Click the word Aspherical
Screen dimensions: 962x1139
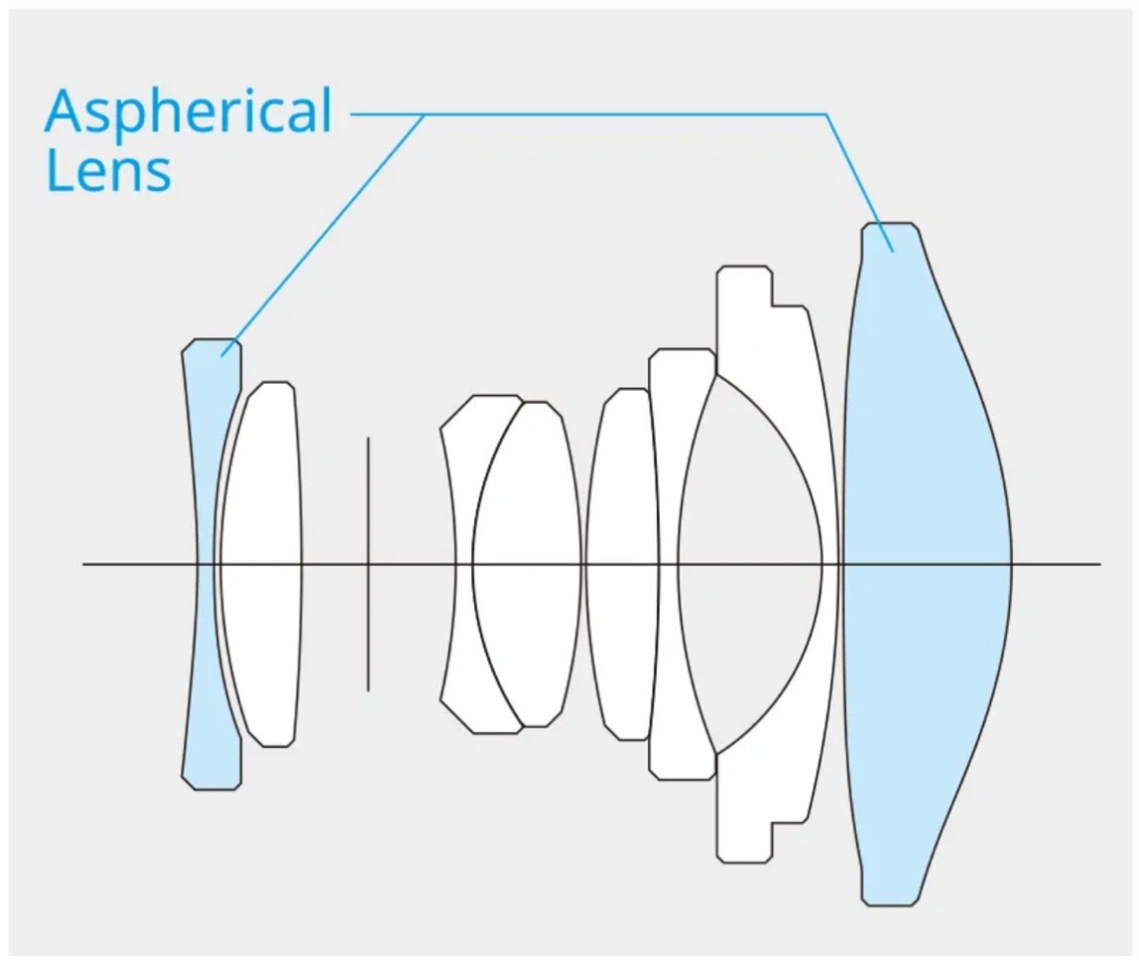(x=189, y=111)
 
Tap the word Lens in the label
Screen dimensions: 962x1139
(x=108, y=171)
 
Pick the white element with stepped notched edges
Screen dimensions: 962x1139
(x=784, y=327)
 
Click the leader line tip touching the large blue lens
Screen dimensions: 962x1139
(x=893, y=250)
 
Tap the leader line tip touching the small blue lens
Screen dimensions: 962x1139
(x=224, y=354)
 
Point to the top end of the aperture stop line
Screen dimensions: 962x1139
(x=368, y=437)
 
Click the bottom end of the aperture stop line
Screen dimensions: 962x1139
(x=368, y=690)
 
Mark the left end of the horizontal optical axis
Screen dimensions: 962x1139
(x=83, y=564)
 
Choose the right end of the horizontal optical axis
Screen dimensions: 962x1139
(x=1099, y=564)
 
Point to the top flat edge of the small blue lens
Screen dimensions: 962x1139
(x=211, y=340)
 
